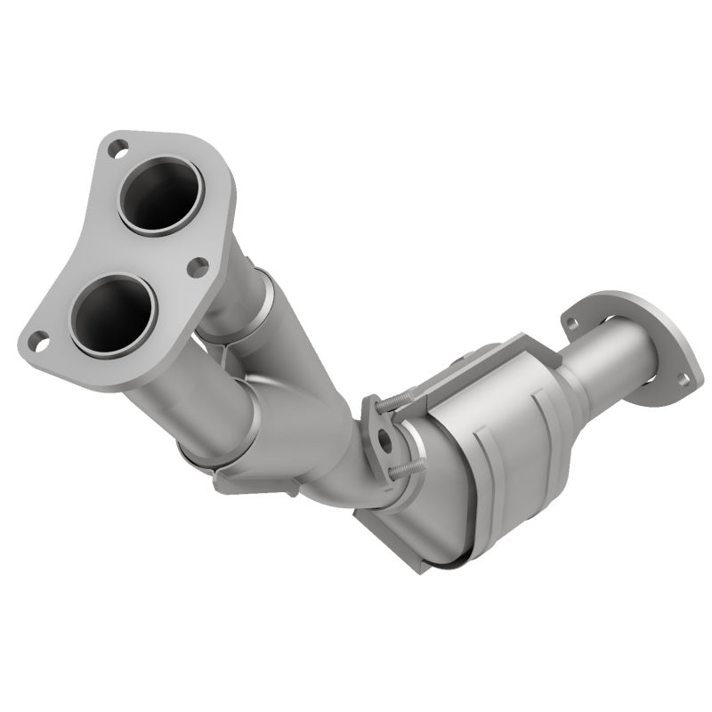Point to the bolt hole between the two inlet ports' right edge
click(x=198, y=266)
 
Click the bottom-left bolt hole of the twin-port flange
click(x=36, y=339)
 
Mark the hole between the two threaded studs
click(x=384, y=439)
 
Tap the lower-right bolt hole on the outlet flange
click(x=684, y=379)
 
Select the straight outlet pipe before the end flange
click(x=605, y=356)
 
